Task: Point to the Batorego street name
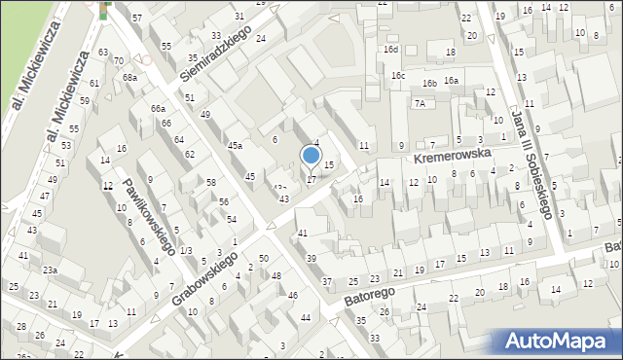pos(370,292)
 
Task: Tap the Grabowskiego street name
pos(205,277)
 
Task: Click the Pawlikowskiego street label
pos(148,209)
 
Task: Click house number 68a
pos(128,77)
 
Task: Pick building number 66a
pos(158,108)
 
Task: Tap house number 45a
pos(235,145)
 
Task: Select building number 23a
pos(50,270)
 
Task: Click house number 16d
pos(390,49)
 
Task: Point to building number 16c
pos(398,75)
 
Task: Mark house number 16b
pos(429,84)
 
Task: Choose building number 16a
pos(451,81)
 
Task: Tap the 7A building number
pos(420,103)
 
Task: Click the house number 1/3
pos(185,251)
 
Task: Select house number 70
pos(118,61)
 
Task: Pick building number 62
pos(190,155)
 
